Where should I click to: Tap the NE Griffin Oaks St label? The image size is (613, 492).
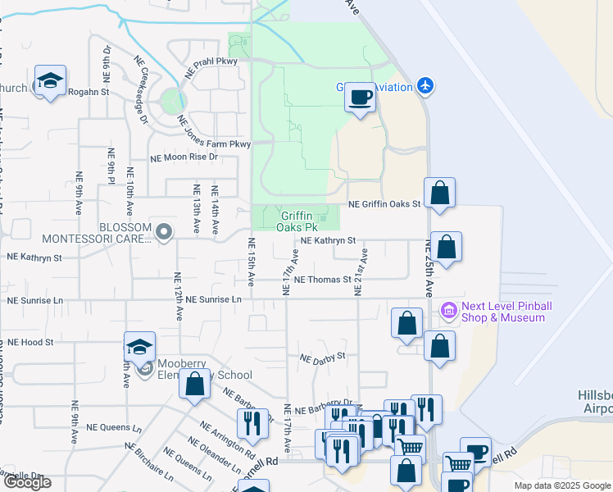[x=384, y=204]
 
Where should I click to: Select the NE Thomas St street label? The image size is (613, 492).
[x=322, y=280]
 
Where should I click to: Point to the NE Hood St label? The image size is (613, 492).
[x=30, y=342]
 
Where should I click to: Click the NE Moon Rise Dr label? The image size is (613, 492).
[x=184, y=157]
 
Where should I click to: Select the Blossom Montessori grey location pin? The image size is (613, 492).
[x=163, y=232]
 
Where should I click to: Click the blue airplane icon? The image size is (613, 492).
[x=424, y=84]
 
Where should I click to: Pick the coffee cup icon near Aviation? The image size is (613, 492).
[x=359, y=98]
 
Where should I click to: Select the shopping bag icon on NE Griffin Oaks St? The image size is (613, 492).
[x=439, y=194]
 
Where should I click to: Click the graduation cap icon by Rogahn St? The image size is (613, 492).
[x=51, y=80]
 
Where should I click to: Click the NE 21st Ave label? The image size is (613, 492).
[x=362, y=272]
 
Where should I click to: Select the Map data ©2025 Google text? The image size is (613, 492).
[x=561, y=485]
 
